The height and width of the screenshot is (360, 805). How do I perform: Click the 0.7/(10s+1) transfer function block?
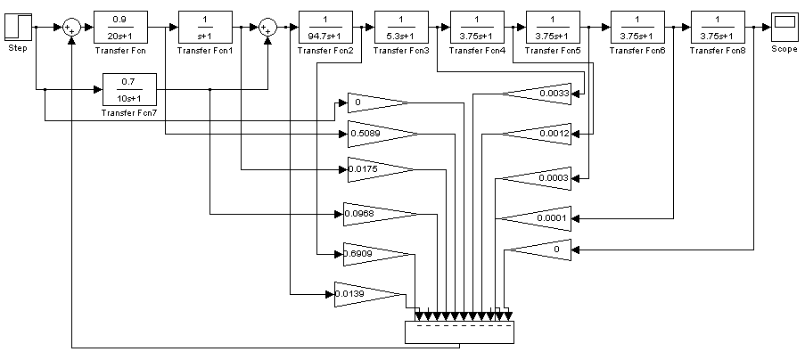129,89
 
